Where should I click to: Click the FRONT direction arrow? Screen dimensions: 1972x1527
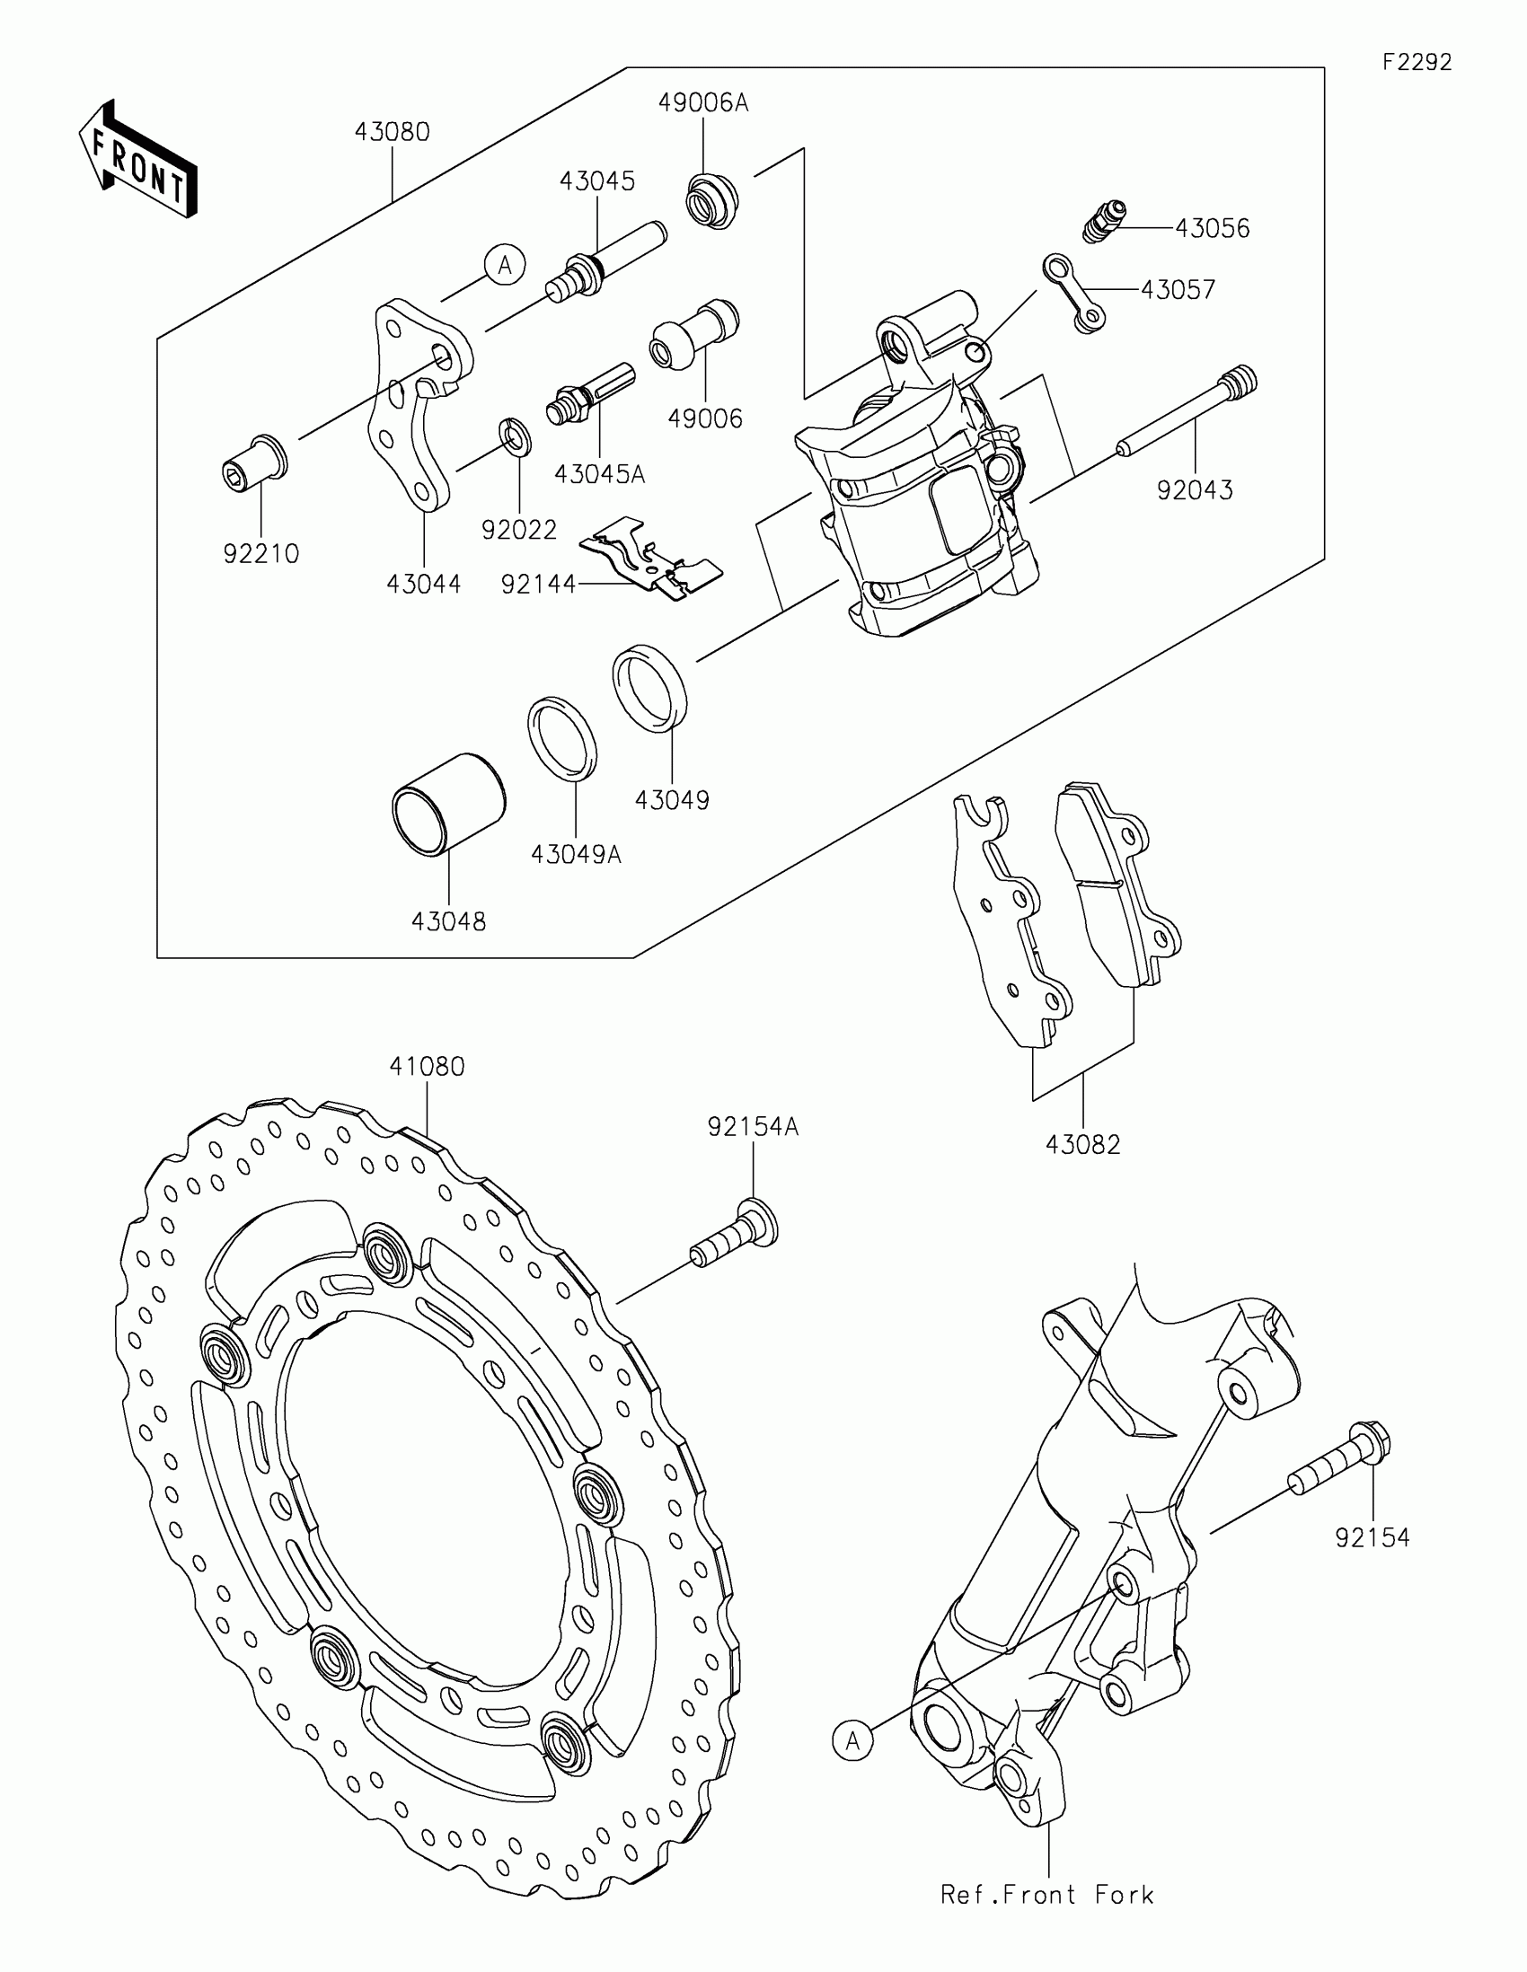137,159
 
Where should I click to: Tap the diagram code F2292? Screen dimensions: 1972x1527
1417,62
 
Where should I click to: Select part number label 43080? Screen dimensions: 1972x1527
392,133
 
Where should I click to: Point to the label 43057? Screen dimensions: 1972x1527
1178,290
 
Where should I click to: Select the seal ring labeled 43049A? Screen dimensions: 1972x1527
561,736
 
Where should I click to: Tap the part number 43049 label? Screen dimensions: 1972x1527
672,800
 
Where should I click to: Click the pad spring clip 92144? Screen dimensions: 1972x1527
650,557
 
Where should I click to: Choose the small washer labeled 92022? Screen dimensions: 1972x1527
516,436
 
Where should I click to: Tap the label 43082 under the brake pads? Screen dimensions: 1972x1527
1082,1145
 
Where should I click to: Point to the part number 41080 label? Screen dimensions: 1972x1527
428,1067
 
